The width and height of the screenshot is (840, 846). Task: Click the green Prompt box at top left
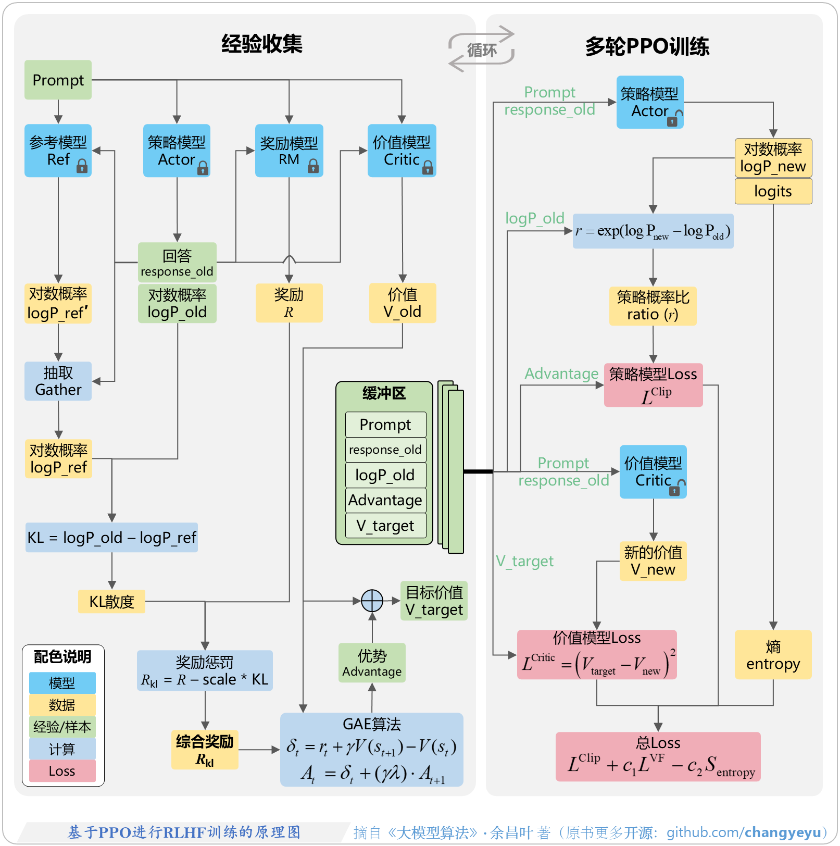[x=58, y=80]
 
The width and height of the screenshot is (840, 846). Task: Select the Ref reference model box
[x=58, y=151]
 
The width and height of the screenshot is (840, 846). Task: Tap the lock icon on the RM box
[x=313, y=166]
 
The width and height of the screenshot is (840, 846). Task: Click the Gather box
[x=58, y=381]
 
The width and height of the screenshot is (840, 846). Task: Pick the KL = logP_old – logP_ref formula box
[x=111, y=537]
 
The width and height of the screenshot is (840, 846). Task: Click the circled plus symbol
[x=372, y=601]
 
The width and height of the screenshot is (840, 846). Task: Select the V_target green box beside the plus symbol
[x=434, y=601]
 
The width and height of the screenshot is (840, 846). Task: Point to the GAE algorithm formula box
[x=371, y=749]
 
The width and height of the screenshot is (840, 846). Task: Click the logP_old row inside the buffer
[x=385, y=475]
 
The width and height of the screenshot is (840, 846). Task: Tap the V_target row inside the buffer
[x=385, y=525]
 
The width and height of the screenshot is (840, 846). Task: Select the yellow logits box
[x=773, y=191]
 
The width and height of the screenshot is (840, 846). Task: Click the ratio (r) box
[x=653, y=306]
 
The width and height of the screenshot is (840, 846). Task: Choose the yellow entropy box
[x=773, y=654]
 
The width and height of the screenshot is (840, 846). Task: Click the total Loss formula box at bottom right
[x=658, y=756]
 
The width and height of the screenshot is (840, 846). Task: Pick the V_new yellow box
[x=653, y=561]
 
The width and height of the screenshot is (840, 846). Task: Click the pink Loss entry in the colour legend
[x=62, y=771]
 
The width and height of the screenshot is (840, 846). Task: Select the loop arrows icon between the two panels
[x=481, y=49]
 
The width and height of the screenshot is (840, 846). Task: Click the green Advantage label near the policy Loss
[x=561, y=374]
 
